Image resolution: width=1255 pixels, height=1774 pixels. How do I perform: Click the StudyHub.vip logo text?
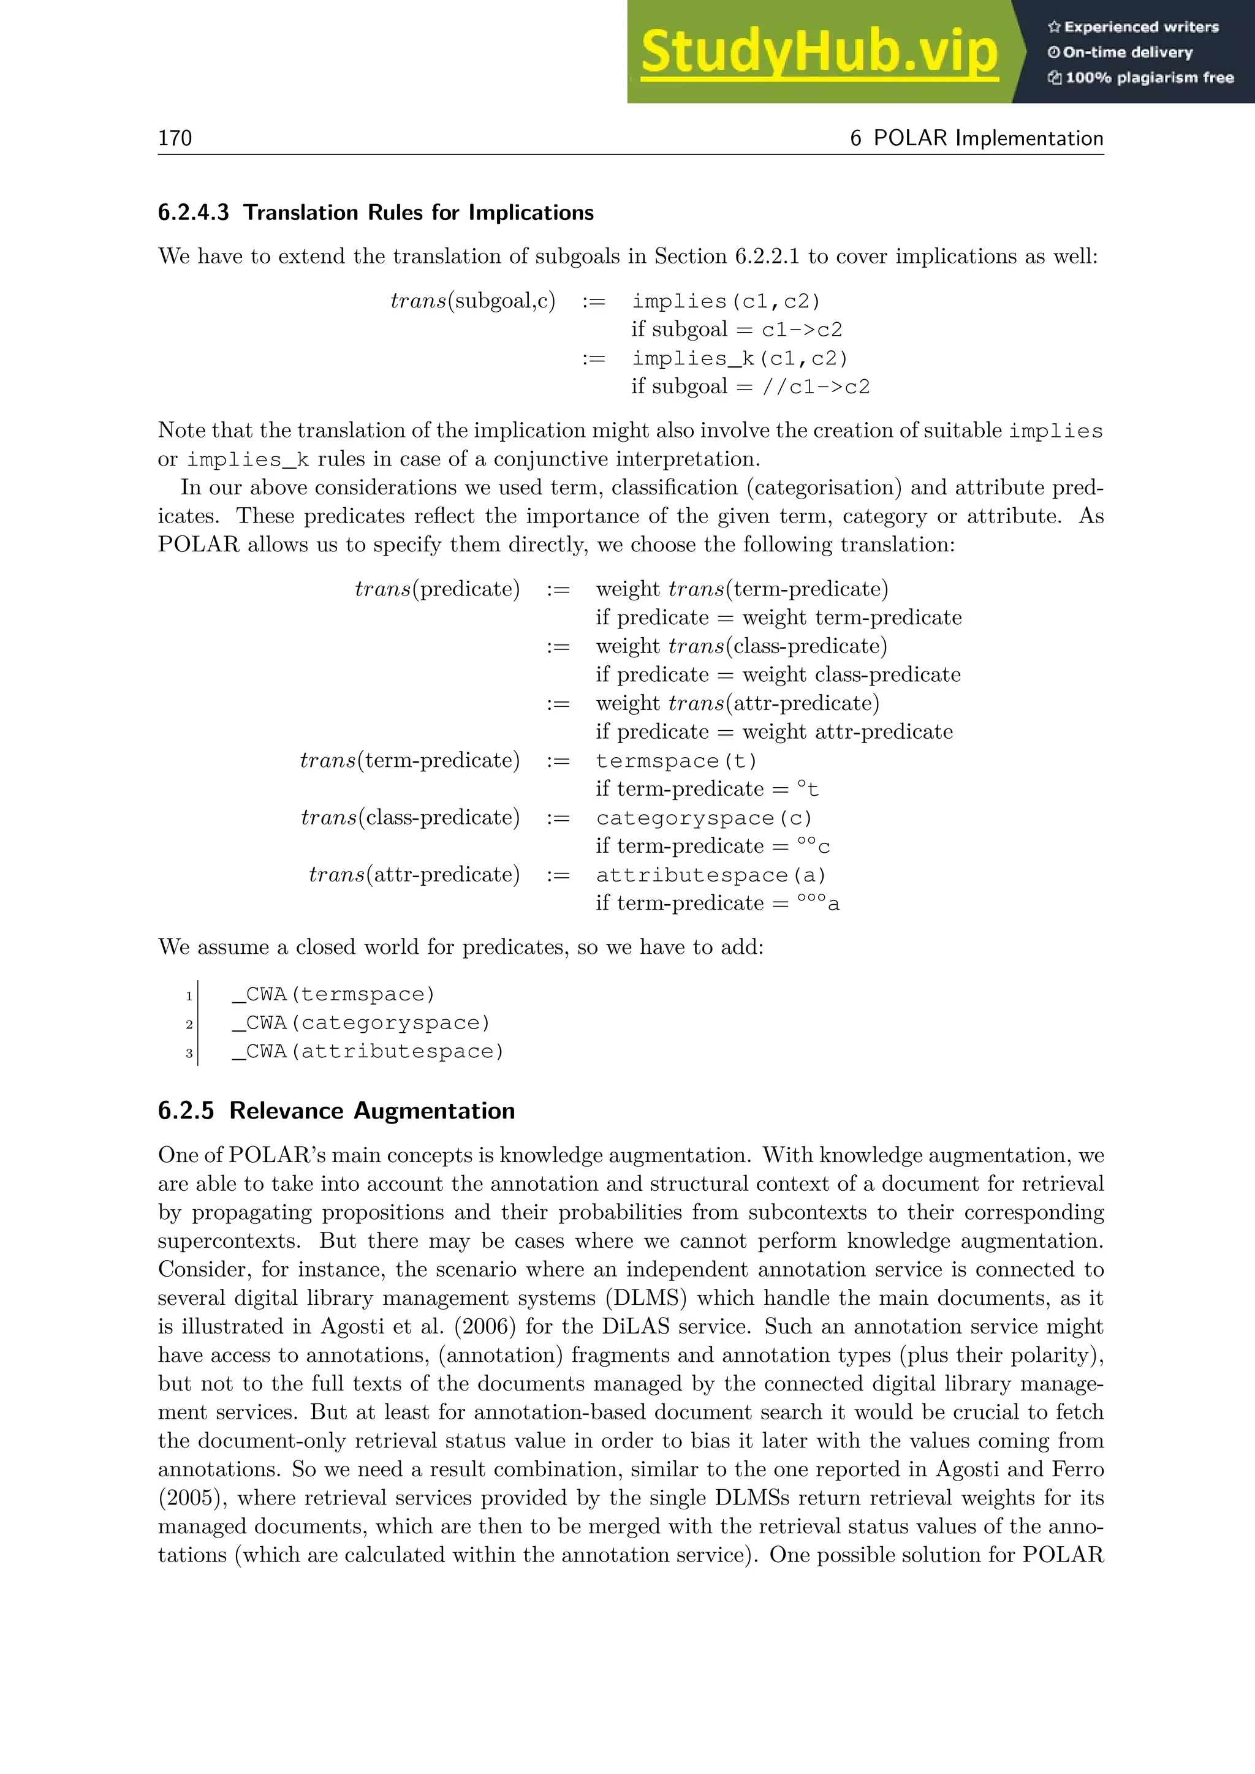pos(819,53)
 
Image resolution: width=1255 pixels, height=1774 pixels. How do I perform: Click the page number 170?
pos(175,138)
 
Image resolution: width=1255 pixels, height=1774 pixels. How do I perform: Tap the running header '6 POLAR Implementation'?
pos(976,138)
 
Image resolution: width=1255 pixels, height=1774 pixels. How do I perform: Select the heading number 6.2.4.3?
pos(193,213)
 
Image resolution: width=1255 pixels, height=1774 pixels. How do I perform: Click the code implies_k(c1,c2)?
pos(740,358)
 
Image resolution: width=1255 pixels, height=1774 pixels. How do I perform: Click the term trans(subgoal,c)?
pos(472,301)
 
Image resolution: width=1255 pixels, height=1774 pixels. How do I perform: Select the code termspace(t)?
pos(676,761)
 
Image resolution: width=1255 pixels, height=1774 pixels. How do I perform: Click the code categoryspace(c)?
pos(704,818)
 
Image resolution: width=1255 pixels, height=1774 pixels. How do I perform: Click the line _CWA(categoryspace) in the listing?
pos(361,1023)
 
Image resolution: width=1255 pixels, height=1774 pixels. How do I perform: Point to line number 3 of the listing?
pos(189,1053)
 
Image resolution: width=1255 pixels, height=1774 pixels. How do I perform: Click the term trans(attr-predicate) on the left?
pos(414,875)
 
